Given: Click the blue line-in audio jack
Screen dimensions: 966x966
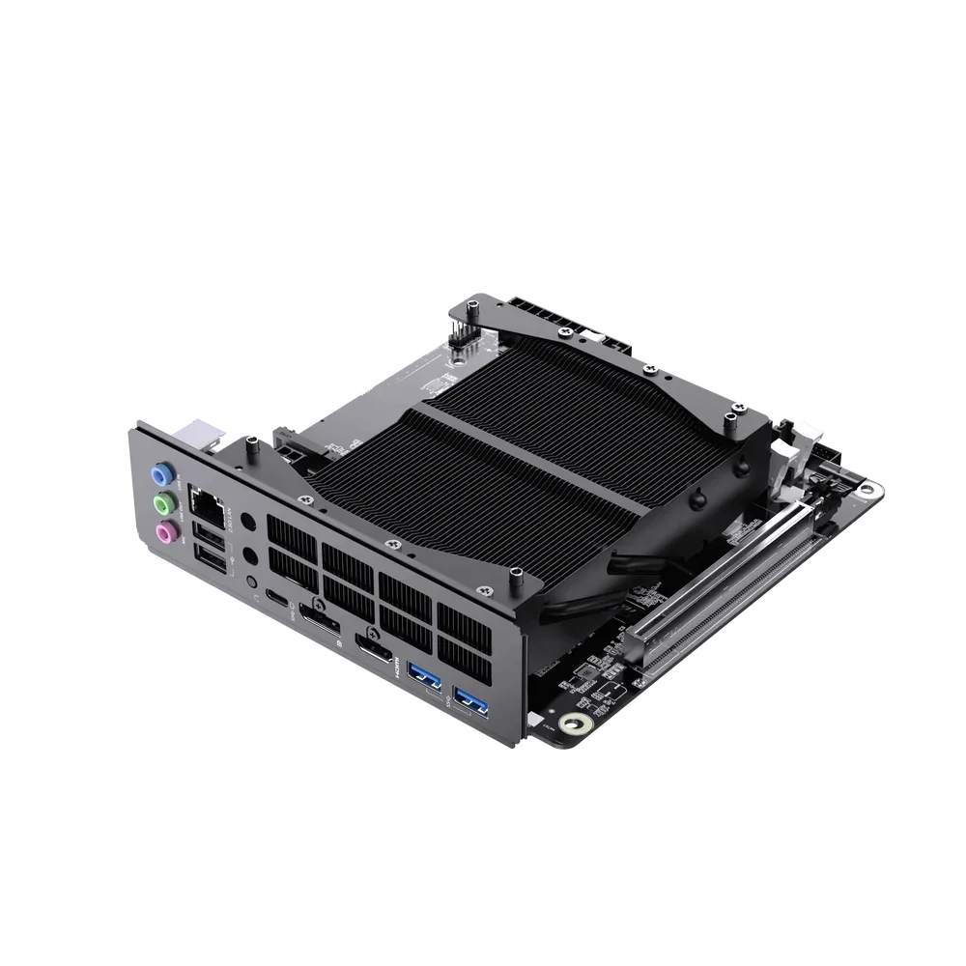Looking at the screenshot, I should [161, 475].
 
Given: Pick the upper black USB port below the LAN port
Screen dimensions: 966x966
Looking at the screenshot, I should [209, 533].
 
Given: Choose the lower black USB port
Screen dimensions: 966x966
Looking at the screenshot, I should [212, 557].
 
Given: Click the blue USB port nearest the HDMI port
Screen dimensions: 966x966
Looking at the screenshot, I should [425, 677].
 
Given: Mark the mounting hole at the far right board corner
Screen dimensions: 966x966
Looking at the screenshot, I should [872, 492].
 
